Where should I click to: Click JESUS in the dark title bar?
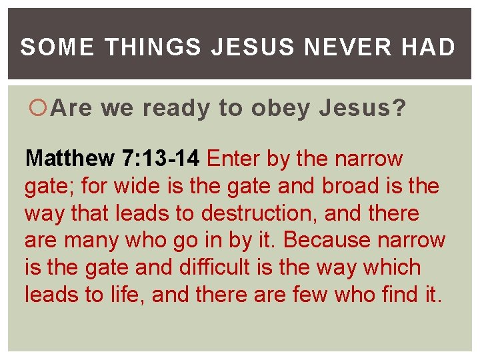256,47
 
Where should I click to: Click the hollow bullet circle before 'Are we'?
41,108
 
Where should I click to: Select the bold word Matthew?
70,159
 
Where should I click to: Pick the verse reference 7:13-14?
160,159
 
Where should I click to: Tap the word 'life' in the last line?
126,295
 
